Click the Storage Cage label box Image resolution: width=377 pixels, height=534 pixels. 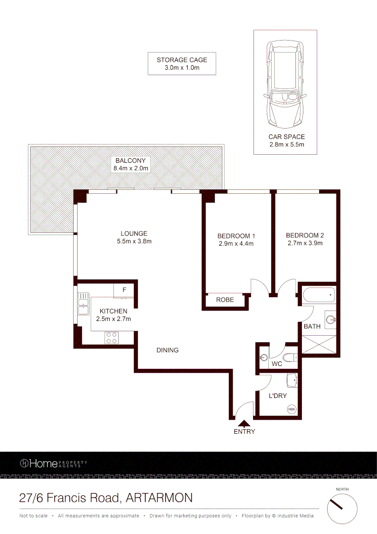(x=182, y=64)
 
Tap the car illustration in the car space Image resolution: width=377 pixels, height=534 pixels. (x=285, y=84)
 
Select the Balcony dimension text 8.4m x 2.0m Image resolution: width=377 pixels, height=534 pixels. (x=130, y=169)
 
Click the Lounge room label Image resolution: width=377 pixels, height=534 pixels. (x=134, y=234)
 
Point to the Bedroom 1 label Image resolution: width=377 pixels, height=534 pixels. (x=236, y=236)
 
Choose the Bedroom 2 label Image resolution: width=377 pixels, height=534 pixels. (x=305, y=235)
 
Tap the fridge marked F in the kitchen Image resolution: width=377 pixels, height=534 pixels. (x=125, y=290)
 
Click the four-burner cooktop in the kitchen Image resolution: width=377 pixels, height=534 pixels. (x=112, y=337)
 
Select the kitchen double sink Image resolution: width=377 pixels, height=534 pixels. (x=82, y=305)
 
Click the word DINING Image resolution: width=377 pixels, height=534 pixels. (x=168, y=350)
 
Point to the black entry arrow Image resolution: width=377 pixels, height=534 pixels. (x=244, y=423)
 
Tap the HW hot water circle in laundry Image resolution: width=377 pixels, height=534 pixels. (x=292, y=409)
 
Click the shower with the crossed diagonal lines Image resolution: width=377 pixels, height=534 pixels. (x=319, y=344)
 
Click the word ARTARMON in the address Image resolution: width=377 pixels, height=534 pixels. (x=160, y=497)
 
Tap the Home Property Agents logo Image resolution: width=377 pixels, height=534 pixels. (x=53, y=463)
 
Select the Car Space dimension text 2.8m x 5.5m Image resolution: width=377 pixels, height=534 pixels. (x=286, y=144)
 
